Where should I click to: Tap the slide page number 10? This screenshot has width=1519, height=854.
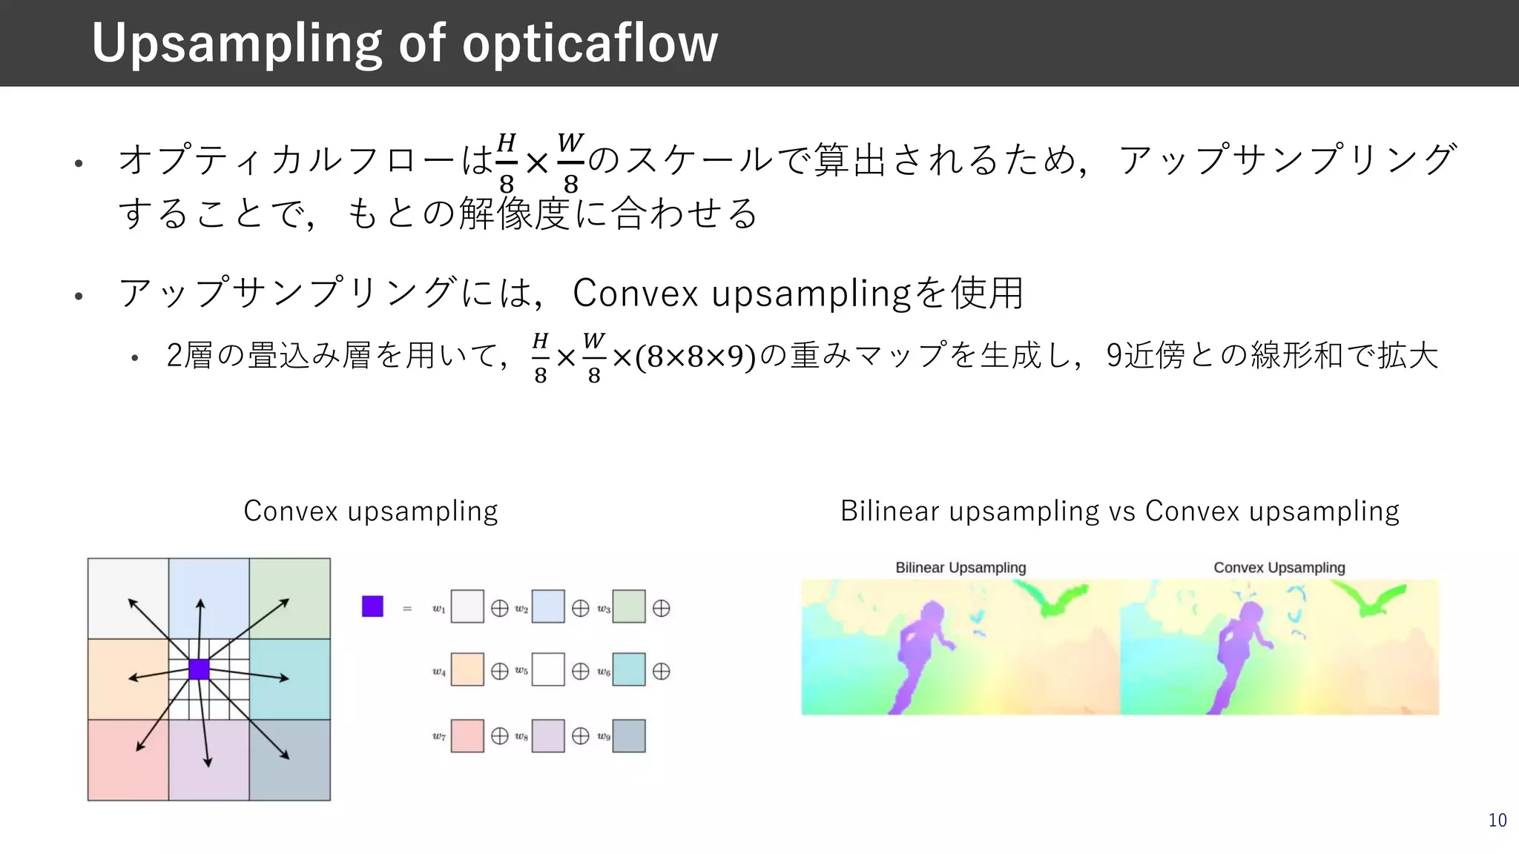click(1497, 821)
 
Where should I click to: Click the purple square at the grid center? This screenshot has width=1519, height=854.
click(199, 669)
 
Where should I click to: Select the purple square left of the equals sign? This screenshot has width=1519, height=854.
click(372, 606)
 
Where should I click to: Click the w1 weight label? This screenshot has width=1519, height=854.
click(439, 609)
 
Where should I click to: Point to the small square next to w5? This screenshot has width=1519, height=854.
click(548, 669)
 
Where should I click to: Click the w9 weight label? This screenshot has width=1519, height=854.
click(604, 737)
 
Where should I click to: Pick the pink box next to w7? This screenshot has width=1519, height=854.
click(467, 736)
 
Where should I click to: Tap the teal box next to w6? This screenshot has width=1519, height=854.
click(629, 669)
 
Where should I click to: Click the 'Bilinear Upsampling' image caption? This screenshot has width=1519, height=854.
click(961, 568)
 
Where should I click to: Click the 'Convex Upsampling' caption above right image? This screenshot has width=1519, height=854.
click(1279, 568)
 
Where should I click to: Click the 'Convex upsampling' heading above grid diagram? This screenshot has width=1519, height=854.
click(370, 512)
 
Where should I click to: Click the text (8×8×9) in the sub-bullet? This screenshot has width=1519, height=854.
click(695, 357)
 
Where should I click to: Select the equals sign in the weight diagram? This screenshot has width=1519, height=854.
click(406, 609)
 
